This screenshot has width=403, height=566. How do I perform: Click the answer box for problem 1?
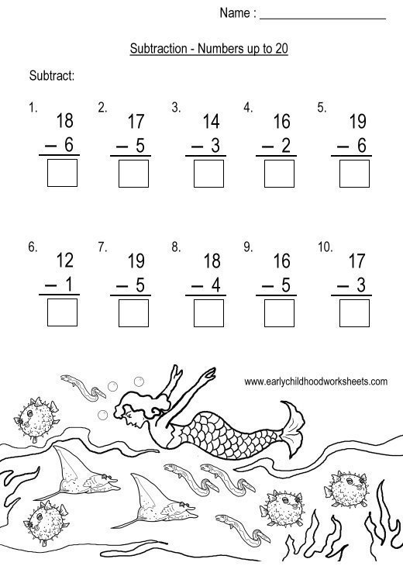(62, 173)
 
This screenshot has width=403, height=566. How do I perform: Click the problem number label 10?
(325, 247)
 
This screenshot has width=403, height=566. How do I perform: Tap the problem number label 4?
(248, 109)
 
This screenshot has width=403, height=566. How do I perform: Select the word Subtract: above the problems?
(51, 75)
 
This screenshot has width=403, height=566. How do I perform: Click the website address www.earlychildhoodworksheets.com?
(315, 381)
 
